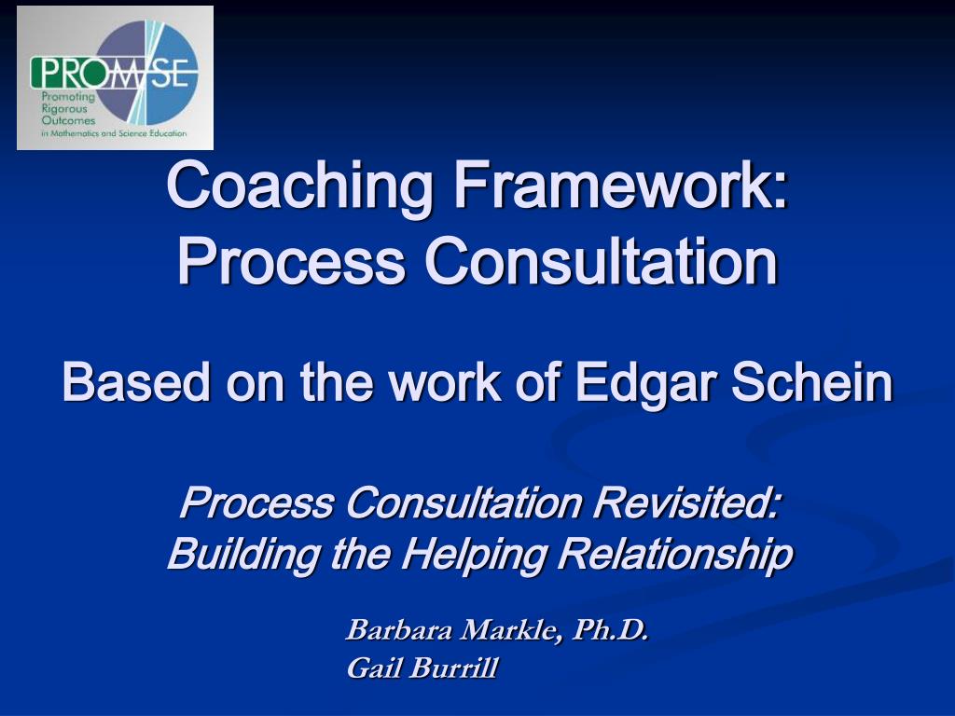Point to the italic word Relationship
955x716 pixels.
click(675, 555)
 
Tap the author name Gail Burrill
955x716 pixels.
click(422, 668)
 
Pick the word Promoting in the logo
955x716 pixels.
click(68, 97)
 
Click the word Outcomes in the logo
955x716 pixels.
click(68, 121)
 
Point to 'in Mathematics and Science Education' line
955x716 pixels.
click(114, 133)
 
